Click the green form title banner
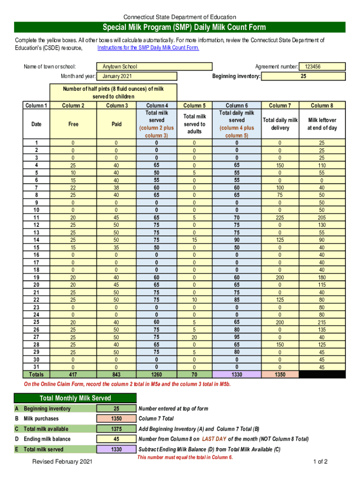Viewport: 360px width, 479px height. (x=180, y=27)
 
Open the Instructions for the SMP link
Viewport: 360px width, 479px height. (x=148, y=48)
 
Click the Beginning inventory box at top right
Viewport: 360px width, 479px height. (x=303, y=76)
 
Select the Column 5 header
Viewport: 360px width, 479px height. (x=194, y=106)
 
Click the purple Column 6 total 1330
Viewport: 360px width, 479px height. (x=237, y=374)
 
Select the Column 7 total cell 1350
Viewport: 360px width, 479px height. (x=280, y=374)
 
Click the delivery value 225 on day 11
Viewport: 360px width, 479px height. (x=280, y=218)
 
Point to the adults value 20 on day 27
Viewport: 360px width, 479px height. (x=194, y=337)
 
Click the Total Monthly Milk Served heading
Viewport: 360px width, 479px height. (x=75, y=398)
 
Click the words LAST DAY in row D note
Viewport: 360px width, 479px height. (x=215, y=439)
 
